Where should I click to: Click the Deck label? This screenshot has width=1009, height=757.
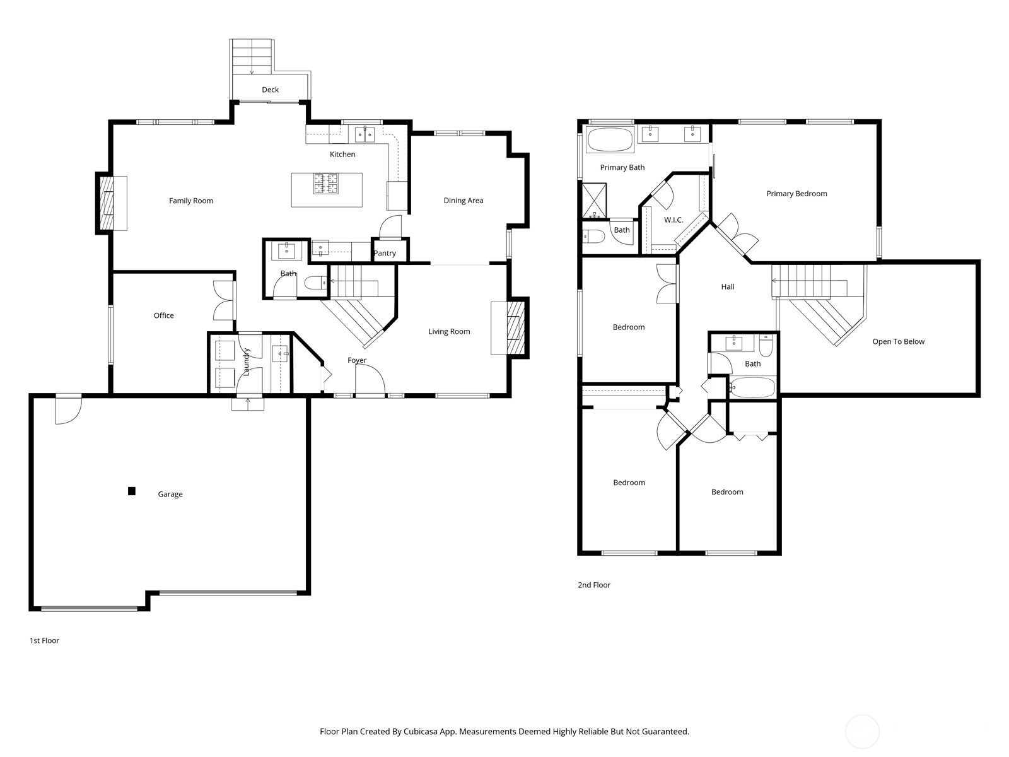[x=270, y=90]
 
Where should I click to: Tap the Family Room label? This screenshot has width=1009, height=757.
[x=191, y=201]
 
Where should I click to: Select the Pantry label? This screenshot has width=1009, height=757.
[x=384, y=253]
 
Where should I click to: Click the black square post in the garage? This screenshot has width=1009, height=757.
[x=131, y=491]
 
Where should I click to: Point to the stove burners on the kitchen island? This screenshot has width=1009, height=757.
[x=326, y=184]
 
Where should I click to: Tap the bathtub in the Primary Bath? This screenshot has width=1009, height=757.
[x=610, y=139]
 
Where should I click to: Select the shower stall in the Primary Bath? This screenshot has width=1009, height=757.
[x=595, y=201]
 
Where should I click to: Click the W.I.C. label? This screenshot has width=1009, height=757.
[x=674, y=220]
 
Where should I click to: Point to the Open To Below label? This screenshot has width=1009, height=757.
[x=898, y=341]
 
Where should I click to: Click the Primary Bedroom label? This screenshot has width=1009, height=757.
[x=796, y=194]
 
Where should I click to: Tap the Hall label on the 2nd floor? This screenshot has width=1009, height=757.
[x=728, y=287]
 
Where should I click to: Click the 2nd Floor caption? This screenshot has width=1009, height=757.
[x=594, y=585]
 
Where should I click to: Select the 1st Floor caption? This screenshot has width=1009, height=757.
[x=45, y=641]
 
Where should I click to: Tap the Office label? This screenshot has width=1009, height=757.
[x=163, y=316]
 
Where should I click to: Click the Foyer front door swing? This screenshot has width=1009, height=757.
[x=370, y=379]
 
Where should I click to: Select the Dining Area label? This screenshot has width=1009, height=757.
[x=464, y=201]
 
